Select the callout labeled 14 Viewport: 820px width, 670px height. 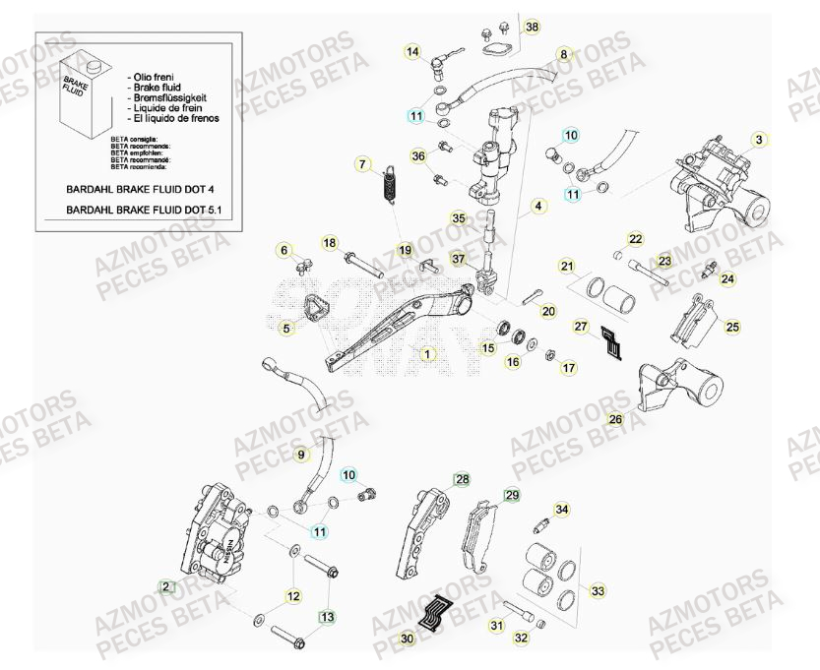pyautogui.click(x=412, y=51)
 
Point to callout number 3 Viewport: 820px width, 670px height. pyautogui.click(x=759, y=139)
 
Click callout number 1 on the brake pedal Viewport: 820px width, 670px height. pyautogui.click(x=426, y=352)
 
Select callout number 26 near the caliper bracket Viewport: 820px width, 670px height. pyautogui.click(x=615, y=419)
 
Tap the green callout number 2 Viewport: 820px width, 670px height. pyautogui.click(x=166, y=587)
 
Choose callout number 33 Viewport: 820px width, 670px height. pyautogui.click(x=598, y=591)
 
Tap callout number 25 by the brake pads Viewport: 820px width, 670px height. pyautogui.click(x=732, y=327)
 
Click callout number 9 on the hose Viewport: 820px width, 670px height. pyautogui.click(x=303, y=454)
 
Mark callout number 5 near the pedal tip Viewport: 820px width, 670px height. pyautogui.click(x=286, y=329)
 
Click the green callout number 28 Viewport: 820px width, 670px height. pyautogui.click(x=462, y=479)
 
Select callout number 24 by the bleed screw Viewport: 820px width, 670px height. pyautogui.click(x=727, y=279)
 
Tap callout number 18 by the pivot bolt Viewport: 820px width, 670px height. pyautogui.click(x=330, y=243)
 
